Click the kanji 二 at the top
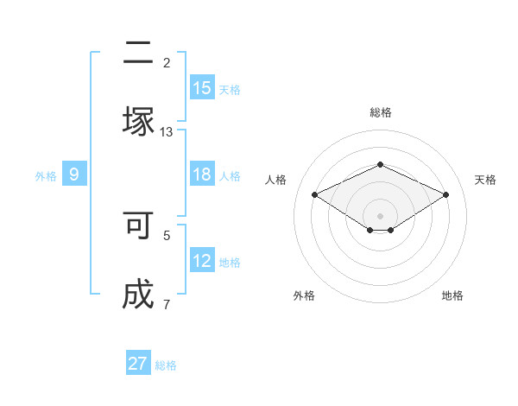click(138, 54)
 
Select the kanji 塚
click(138, 121)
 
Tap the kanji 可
click(138, 226)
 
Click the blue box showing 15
click(202, 87)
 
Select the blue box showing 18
click(202, 174)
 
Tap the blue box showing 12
click(202, 261)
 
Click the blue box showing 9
click(74, 174)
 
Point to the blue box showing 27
click(138, 364)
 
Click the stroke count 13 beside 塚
click(167, 131)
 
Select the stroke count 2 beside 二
click(167, 62)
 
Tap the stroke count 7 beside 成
click(167, 304)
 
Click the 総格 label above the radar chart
click(380, 112)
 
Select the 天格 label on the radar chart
click(485, 180)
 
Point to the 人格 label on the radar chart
click(275, 180)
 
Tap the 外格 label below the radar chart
click(303, 295)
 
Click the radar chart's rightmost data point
click(446, 194)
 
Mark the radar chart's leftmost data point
click(314, 194)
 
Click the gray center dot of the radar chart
click(380, 215)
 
